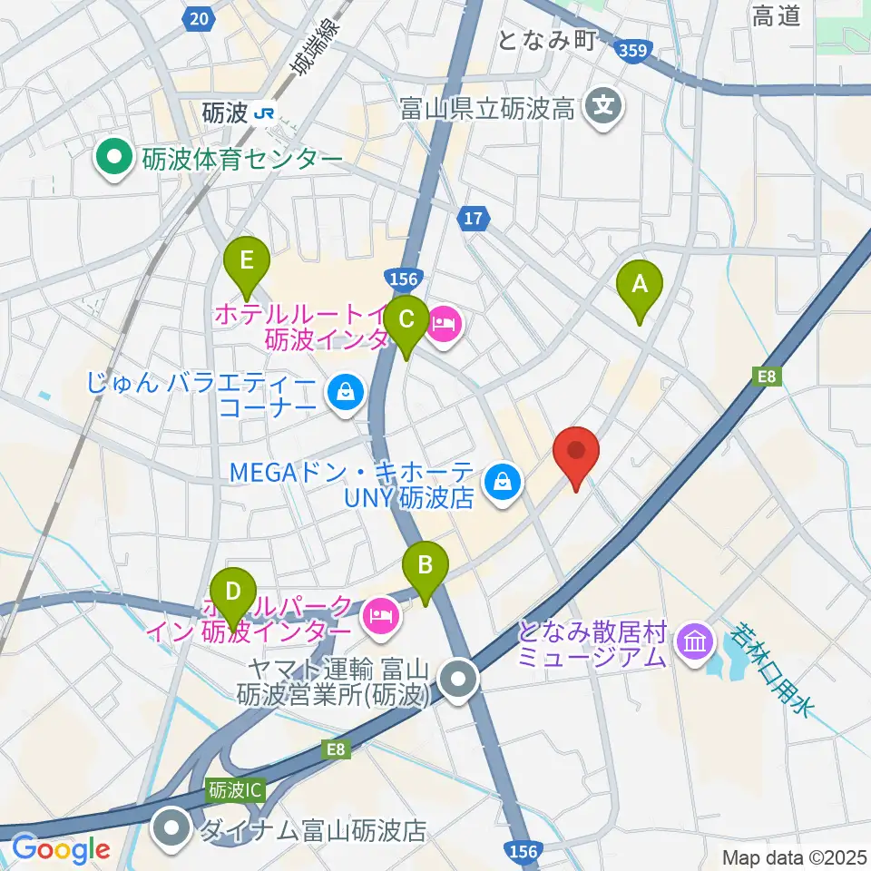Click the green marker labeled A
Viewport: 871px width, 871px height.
(640, 286)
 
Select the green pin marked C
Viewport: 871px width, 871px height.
(406, 320)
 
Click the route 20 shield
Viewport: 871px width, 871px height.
(198, 17)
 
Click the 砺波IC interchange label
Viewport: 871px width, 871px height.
(234, 790)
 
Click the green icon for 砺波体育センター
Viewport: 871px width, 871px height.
(115, 160)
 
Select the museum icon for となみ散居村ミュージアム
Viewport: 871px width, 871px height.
(696, 644)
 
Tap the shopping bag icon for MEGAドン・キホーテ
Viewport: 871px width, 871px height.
(501, 484)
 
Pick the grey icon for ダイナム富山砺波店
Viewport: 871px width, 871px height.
(170, 829)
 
